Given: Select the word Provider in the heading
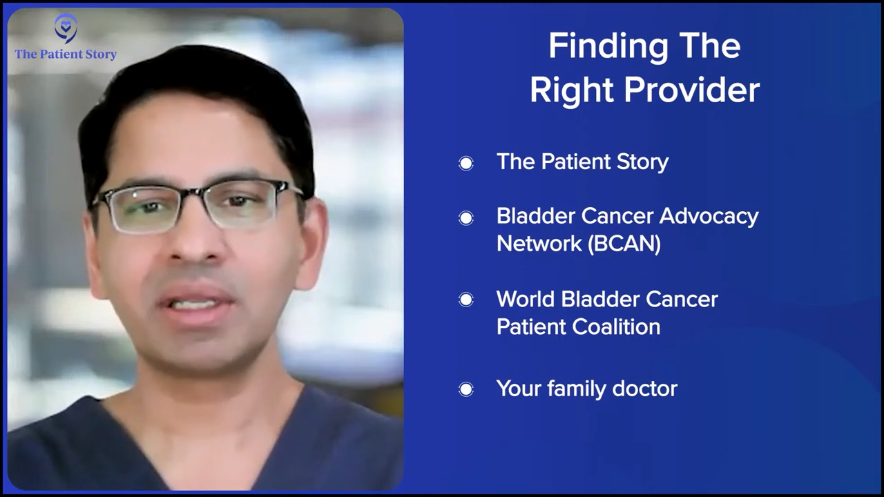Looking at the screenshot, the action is (692, 90).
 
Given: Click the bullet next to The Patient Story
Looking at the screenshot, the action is (466, 163).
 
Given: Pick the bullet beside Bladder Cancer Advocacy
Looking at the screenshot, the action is (466, 217).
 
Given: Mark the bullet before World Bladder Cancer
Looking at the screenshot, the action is (466, 300).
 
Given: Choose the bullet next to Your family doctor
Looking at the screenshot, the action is (466, 389).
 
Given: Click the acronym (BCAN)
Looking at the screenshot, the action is (624, 244).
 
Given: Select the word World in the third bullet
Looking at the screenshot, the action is (526, 300).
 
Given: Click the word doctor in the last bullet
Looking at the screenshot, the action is (645, 389).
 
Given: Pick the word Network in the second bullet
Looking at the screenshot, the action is (539, 244).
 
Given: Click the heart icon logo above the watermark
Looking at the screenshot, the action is (66, 28).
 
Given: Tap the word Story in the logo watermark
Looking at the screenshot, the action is (101, 55).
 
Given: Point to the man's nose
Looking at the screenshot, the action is (195, 241).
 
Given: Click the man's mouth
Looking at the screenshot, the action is (195, 304).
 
